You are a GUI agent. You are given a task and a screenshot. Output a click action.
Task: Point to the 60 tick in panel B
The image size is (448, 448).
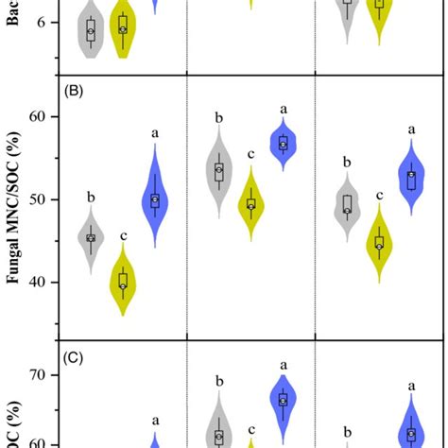[42, 117]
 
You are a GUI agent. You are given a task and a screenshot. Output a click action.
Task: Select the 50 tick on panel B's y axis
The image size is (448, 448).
[42, 199]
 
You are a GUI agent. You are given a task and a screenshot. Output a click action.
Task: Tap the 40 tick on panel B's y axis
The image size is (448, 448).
[42, 282]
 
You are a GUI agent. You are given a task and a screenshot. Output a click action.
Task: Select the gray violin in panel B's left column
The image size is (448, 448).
[91, 238]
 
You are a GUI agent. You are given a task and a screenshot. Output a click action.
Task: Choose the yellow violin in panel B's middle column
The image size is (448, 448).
[250, 204]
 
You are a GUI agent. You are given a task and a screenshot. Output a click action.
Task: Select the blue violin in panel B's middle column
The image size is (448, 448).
[284, 145]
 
